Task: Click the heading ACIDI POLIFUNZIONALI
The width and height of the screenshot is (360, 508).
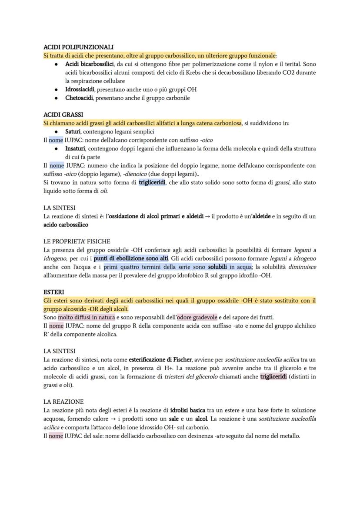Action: (79, 47)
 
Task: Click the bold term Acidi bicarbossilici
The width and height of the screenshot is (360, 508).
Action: (89, 64)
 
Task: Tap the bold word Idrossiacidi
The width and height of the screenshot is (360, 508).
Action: (80, 90)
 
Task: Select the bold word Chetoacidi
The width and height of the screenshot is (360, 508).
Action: (79, 98)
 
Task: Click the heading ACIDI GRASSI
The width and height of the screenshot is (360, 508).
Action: (63, 115)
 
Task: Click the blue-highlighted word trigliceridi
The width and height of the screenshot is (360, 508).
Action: (152, 183)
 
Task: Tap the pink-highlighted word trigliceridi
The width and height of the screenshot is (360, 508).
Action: (273, 377)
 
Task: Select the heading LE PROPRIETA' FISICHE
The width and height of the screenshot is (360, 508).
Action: (77, 241)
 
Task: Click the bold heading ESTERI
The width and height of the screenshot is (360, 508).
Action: (54, 292)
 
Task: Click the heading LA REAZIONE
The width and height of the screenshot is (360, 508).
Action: (63, 402)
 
